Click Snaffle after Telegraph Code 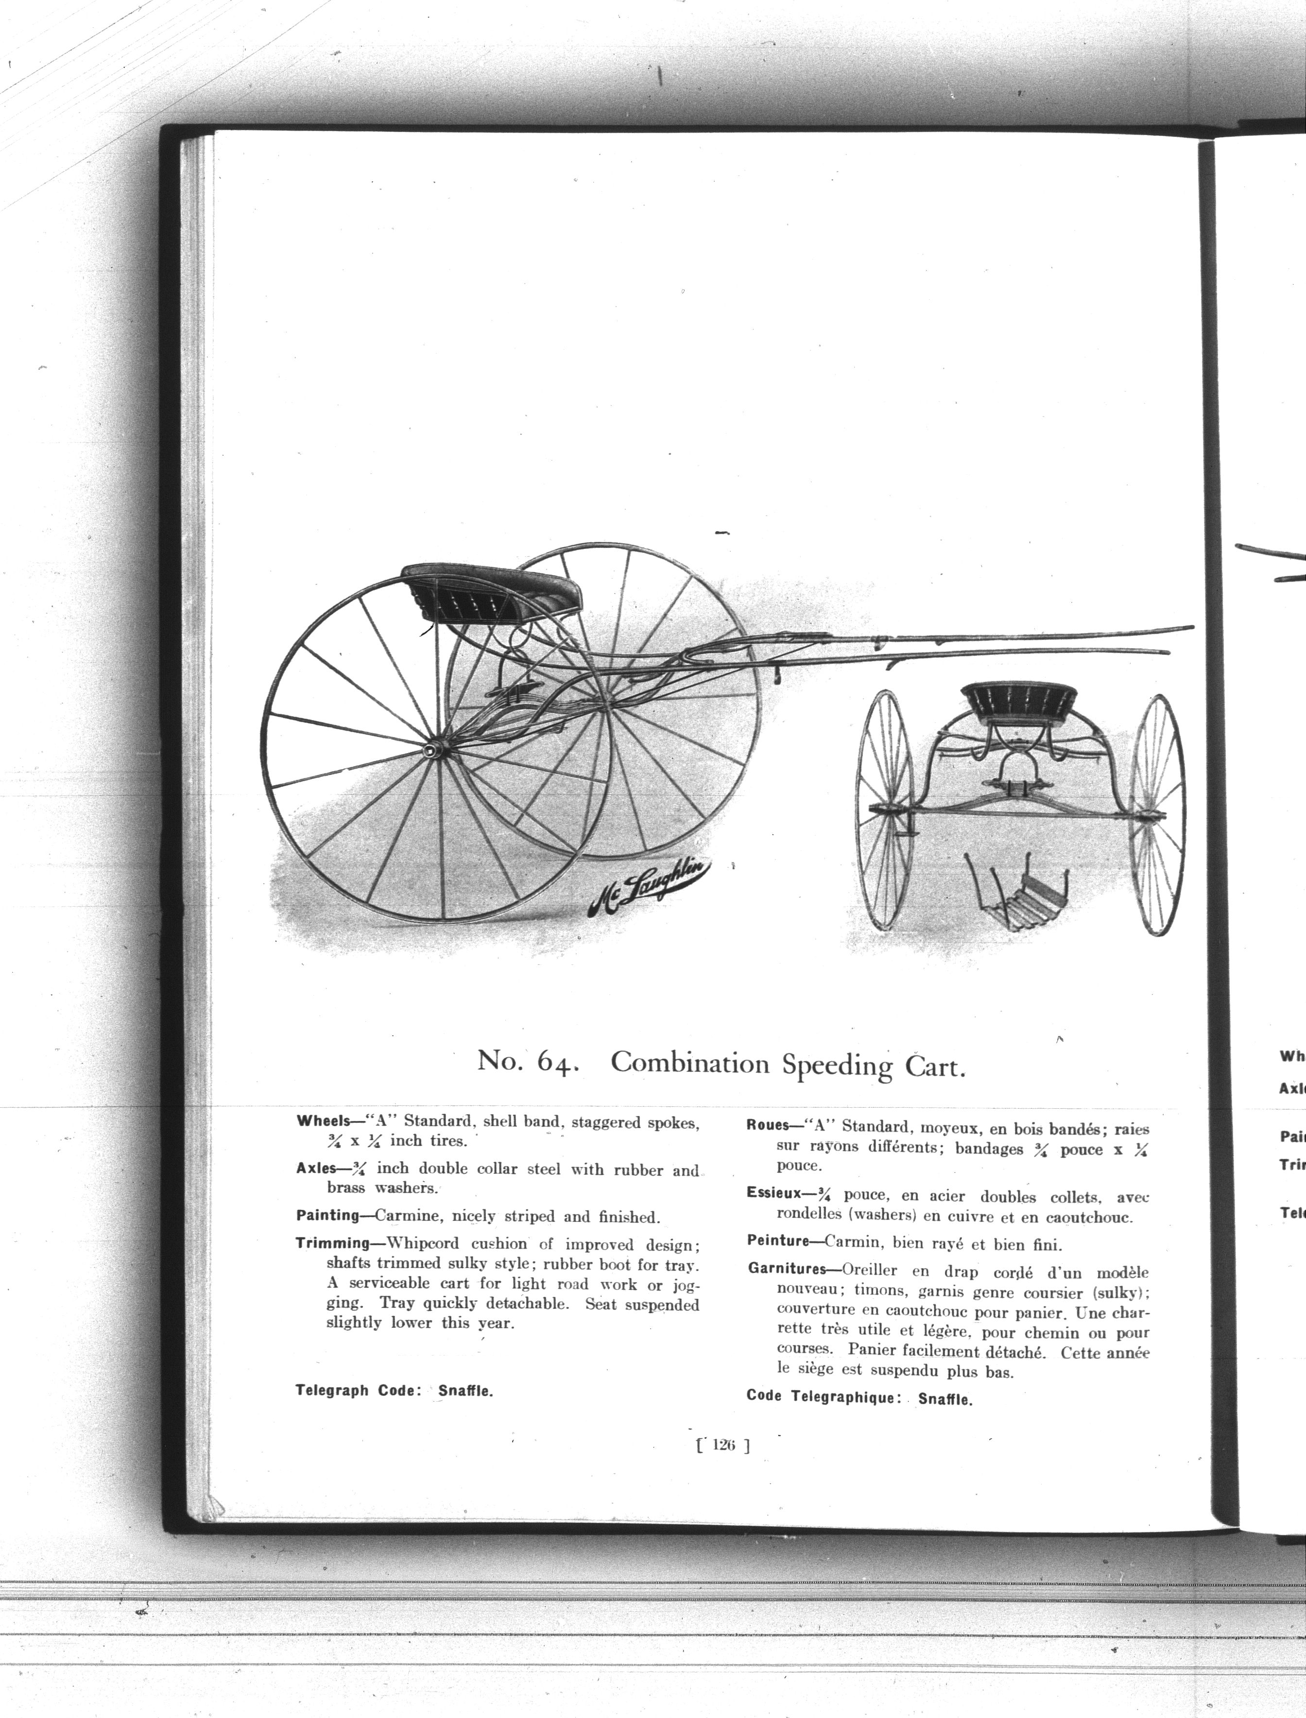coord(465,1391)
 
